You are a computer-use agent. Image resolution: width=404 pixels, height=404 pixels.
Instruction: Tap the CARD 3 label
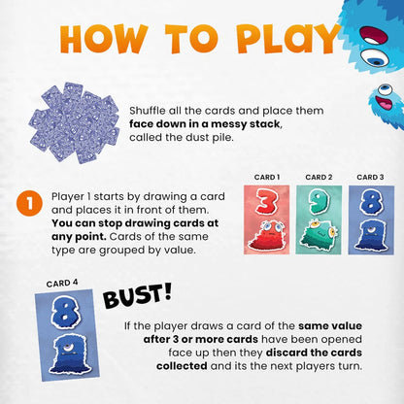(x=369, y=178)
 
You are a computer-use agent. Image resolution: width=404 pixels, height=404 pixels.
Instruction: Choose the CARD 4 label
(x=62, y=284)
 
